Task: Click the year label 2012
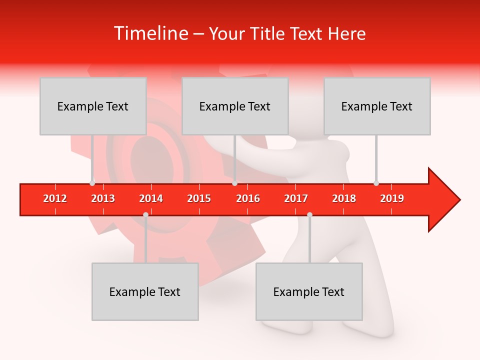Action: [x=55, y=198]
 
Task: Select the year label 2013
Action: [x=103, y=198]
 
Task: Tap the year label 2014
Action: [x=151, y=198]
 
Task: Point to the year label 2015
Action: [x=199, y=198]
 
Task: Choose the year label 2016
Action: [x=248, y=198]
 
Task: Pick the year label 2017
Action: [x=296, y=198]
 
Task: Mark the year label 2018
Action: [x=344, y=198]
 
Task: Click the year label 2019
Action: [x=392, y=198]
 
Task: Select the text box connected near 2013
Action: [x=93, y=106]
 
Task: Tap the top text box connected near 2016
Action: [x=235, y=106]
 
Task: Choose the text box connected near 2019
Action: [x=377, y=106]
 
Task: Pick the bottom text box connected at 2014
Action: [x=145, y=291]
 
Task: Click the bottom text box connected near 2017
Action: [x=309, y=291]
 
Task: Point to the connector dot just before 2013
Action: [x=92, y=183]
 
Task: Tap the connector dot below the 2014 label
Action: [x=145, y=214]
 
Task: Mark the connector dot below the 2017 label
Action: [x=309, y=214]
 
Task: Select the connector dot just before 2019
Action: [x=376, y=183]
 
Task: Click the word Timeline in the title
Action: [x=150, y=33]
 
